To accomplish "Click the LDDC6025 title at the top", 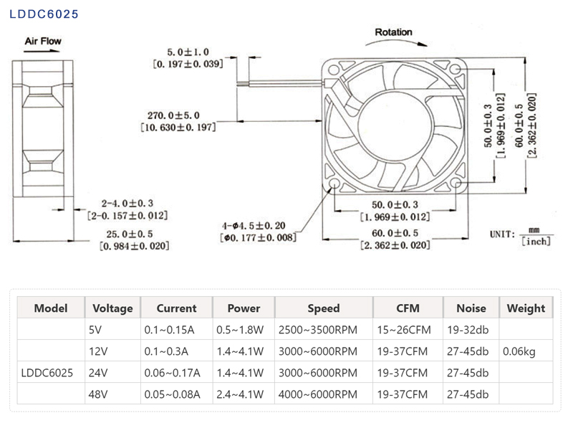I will [x=44, y=14].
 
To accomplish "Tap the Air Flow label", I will [x=43, y=41].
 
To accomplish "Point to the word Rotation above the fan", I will [x=394, y=32].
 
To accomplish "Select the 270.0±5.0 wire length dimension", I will [x=173, y=115].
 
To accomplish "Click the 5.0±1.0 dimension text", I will [x=188, y=52].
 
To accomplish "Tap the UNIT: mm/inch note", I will [x=520, y=235].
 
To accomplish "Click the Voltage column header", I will [x=113, y=308].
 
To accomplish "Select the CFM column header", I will [x=408, y=308].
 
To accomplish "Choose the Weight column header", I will [x=526, y=308].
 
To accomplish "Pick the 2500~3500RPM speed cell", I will [x=317, y=330].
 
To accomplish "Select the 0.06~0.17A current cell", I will [x=172, y=373].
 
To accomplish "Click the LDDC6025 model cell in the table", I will [x=47, y=373].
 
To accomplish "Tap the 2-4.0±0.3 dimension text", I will [x=127, y=203].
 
